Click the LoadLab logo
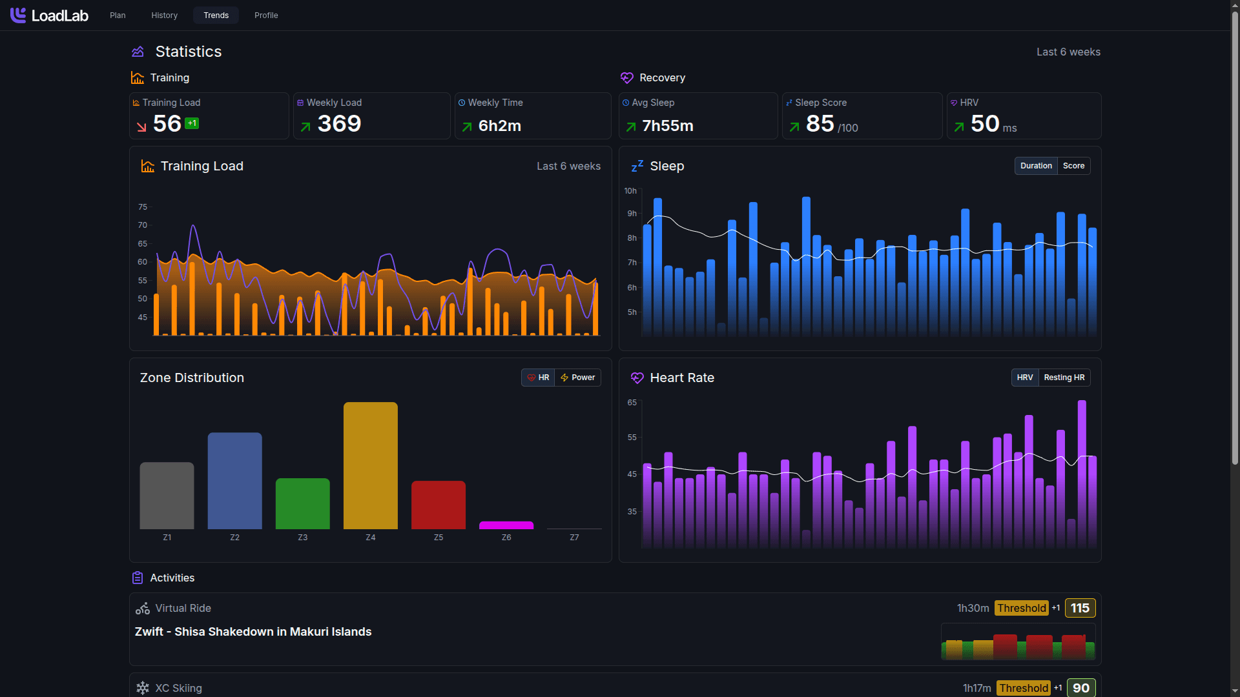click(49, 15)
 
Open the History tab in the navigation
click(164, 15)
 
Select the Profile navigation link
click(266, 15)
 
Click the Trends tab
click(216, 15)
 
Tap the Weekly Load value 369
click(339, 124)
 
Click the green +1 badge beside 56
click(192, 123)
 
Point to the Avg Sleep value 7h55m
click(667, 126)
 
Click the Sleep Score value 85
click(820, 124)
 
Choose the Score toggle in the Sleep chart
click(1073, 166)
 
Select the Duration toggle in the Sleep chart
click(1036, 166)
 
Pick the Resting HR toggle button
click(1064, 378)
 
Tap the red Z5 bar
click(438, 505)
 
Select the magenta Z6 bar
click(506, 525)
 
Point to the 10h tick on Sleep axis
click(630, 191)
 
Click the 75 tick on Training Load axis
click(143, 207)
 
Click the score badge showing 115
click(1079, 608)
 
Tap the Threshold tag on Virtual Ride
click(1021, 608)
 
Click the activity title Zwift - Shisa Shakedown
click(253, 632)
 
